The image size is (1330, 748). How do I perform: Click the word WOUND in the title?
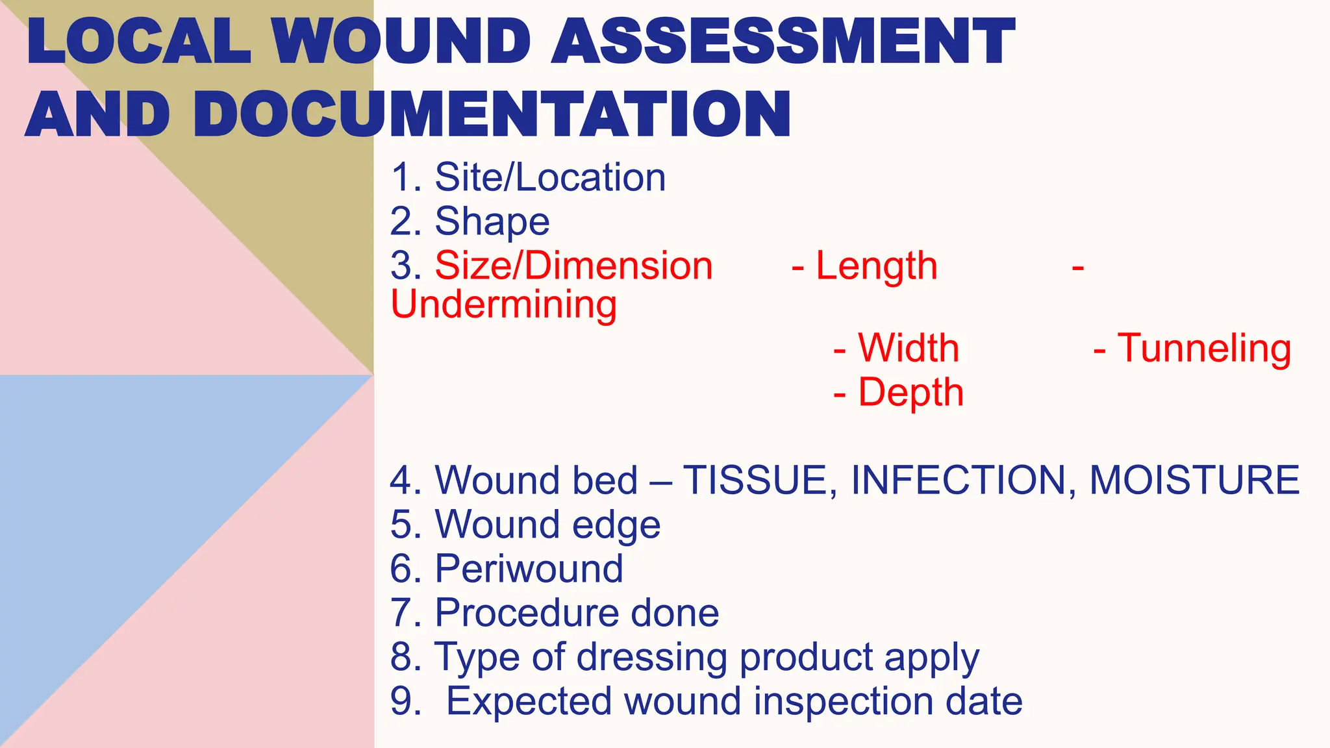[401, 42]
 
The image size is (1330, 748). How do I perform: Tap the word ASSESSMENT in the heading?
[783, 42]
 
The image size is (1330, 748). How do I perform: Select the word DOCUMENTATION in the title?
[492, 115]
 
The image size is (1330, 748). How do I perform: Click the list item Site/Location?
[550, 177]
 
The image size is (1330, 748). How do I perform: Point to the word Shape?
[492, 221]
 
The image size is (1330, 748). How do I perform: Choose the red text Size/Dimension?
[573, 266]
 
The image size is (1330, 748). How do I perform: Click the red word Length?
[876, 266]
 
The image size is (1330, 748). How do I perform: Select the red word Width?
[909, 348]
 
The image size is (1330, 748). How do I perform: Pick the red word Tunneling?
[1204, 348]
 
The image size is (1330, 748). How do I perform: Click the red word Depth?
[910, 392]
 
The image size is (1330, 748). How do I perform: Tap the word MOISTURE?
[1194, 480]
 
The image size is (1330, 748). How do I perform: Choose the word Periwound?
[529, 569]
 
